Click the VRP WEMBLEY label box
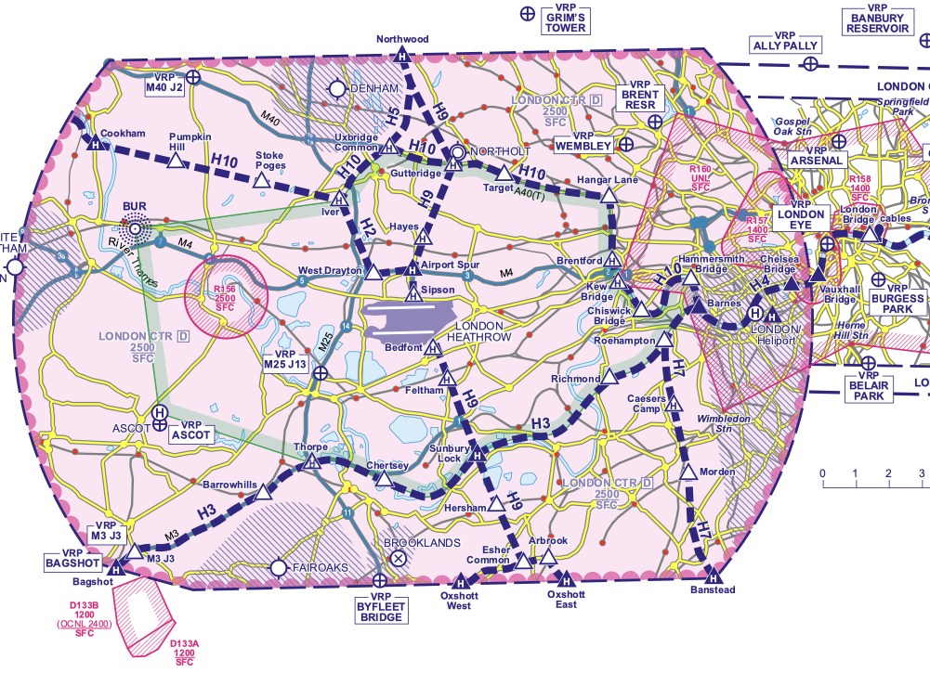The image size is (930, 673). [583, 146]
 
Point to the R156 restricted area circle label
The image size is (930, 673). [226, 298]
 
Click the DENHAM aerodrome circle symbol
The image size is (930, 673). [336, 88]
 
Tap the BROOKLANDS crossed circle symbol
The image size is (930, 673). [398, 558]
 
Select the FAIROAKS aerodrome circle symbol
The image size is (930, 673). [279, 566]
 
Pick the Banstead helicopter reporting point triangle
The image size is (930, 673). [714, 574]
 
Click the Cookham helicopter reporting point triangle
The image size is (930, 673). [93, 143]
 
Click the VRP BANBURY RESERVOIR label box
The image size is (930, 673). [876, 20]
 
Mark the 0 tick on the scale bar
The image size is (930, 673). [822, 485]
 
